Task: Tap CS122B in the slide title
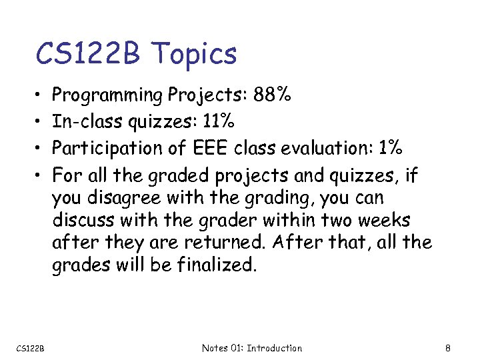[87, 53]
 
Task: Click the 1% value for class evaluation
[388, 147]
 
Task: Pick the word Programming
[107, 95]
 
